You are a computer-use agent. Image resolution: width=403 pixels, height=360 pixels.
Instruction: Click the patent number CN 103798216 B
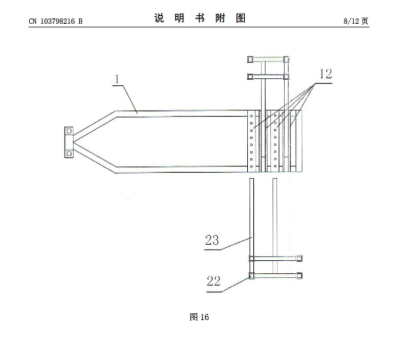pyautogui.click(x=55, y=21)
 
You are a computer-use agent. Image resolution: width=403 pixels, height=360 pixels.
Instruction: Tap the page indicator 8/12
pyautogui.click(x=351, y=21)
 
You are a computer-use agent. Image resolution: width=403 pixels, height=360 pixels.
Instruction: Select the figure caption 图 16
pyautogui.click(x=199, y=317)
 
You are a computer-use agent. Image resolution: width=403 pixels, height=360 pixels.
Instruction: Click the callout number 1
pyautogui.click(x=117, y=79)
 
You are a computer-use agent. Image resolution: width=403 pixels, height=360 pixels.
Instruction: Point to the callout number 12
pyautogui.click(x=325, y=74)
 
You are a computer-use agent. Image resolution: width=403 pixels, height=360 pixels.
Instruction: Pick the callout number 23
pyautogui.click(x=212, y=240)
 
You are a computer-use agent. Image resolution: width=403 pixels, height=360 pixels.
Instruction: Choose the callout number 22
pyautogui.click(x=213, y=281)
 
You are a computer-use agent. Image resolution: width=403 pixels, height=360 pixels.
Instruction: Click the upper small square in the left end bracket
pyautogui.click(x=69, y=131)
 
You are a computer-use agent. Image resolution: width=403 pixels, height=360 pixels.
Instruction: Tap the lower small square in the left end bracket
pyautogui.click(x=69, y=154)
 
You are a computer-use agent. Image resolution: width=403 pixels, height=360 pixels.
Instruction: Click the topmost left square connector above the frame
pyautogui.click(x=250, y=60)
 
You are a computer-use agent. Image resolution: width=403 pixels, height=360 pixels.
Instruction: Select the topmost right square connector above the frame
pyautogui.click(x=286, y=60)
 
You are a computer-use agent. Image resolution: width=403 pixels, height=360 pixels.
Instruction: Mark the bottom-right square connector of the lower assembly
pyautogui.click(x=299, y=276)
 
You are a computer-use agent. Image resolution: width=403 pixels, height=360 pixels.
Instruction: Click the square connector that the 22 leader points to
pyautogui.click(x=252, y=276)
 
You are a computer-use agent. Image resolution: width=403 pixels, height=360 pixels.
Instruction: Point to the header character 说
pyautogui.click(x=159, y=18)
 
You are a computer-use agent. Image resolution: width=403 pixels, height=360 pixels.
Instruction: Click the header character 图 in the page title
pyautogui.click(x=241, y=18)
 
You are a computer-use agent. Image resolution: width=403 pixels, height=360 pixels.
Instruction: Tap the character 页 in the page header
pyautogui.click(x=365, y=21)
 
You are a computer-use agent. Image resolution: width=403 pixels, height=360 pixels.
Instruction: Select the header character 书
pyautogui.click(x=200, y=18)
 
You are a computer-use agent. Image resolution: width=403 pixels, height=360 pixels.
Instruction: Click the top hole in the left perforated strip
pyautogui.click(x=251, y=116)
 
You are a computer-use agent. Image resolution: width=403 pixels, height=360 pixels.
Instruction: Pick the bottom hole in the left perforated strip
pyautogui.click(x=251, y=167)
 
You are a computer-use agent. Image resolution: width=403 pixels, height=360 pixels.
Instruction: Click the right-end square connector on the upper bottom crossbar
pyautogui.click(x=299, y=258)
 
